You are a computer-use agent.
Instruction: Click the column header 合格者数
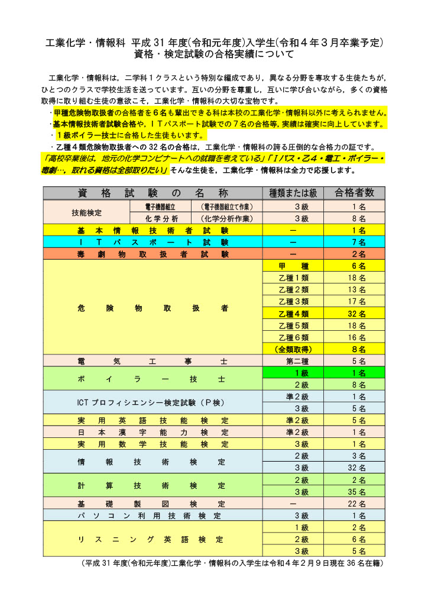click(x=354, y=193)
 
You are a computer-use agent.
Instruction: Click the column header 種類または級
click(x=293, y=193)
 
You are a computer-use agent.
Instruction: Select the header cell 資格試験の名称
click(x=153, y=193)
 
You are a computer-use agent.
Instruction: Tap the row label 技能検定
click(x=86, y=212)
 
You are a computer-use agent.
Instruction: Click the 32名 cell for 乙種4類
click(x=354, y=314)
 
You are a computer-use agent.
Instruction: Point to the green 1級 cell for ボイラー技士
click(x=293, y=373)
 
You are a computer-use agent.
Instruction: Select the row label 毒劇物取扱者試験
click(x=153, y=254)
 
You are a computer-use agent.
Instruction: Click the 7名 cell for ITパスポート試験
click(x=354, y=242)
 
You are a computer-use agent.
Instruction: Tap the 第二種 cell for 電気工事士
click(x=293, y=361)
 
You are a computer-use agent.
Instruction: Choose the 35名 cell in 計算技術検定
click(x=354, y=492)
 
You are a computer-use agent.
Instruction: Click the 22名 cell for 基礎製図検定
click(x=354, y=504)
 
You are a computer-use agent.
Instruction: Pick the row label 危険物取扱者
click(x=153, y=308)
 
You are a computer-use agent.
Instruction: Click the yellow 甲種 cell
click(x=293, y=266)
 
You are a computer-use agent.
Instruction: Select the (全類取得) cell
click(x=293, y=349)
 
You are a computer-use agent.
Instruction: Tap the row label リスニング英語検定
click(x=153, y=539)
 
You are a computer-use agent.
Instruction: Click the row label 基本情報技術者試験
click(x=153, y=230)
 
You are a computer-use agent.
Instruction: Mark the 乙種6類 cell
click(x=293, y=337)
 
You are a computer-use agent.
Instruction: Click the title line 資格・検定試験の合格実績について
click(x=214, y=55)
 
